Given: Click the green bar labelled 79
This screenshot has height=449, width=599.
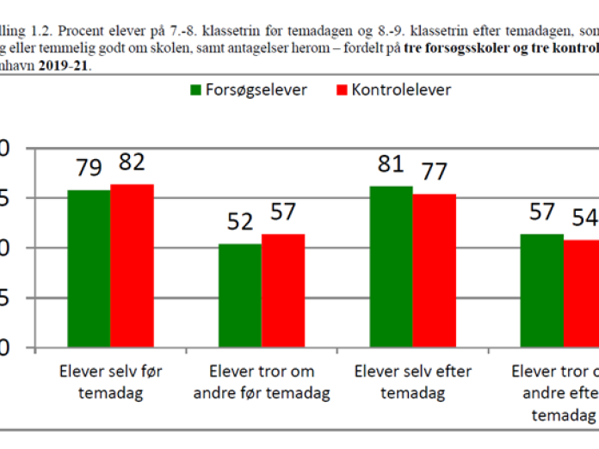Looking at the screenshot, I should [89, 268].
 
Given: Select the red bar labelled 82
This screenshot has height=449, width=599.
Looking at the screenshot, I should [132, 266].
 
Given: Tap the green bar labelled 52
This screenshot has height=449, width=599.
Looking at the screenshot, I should [239, 296].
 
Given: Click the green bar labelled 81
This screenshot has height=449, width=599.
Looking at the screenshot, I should [391, 267].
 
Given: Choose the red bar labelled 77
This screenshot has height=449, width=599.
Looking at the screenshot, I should [434, 271].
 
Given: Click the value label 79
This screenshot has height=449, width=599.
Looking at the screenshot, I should [90, 166].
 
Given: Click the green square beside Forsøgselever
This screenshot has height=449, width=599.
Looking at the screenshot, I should [195, 90].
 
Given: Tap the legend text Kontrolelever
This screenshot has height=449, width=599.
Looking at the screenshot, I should [401, 89].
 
